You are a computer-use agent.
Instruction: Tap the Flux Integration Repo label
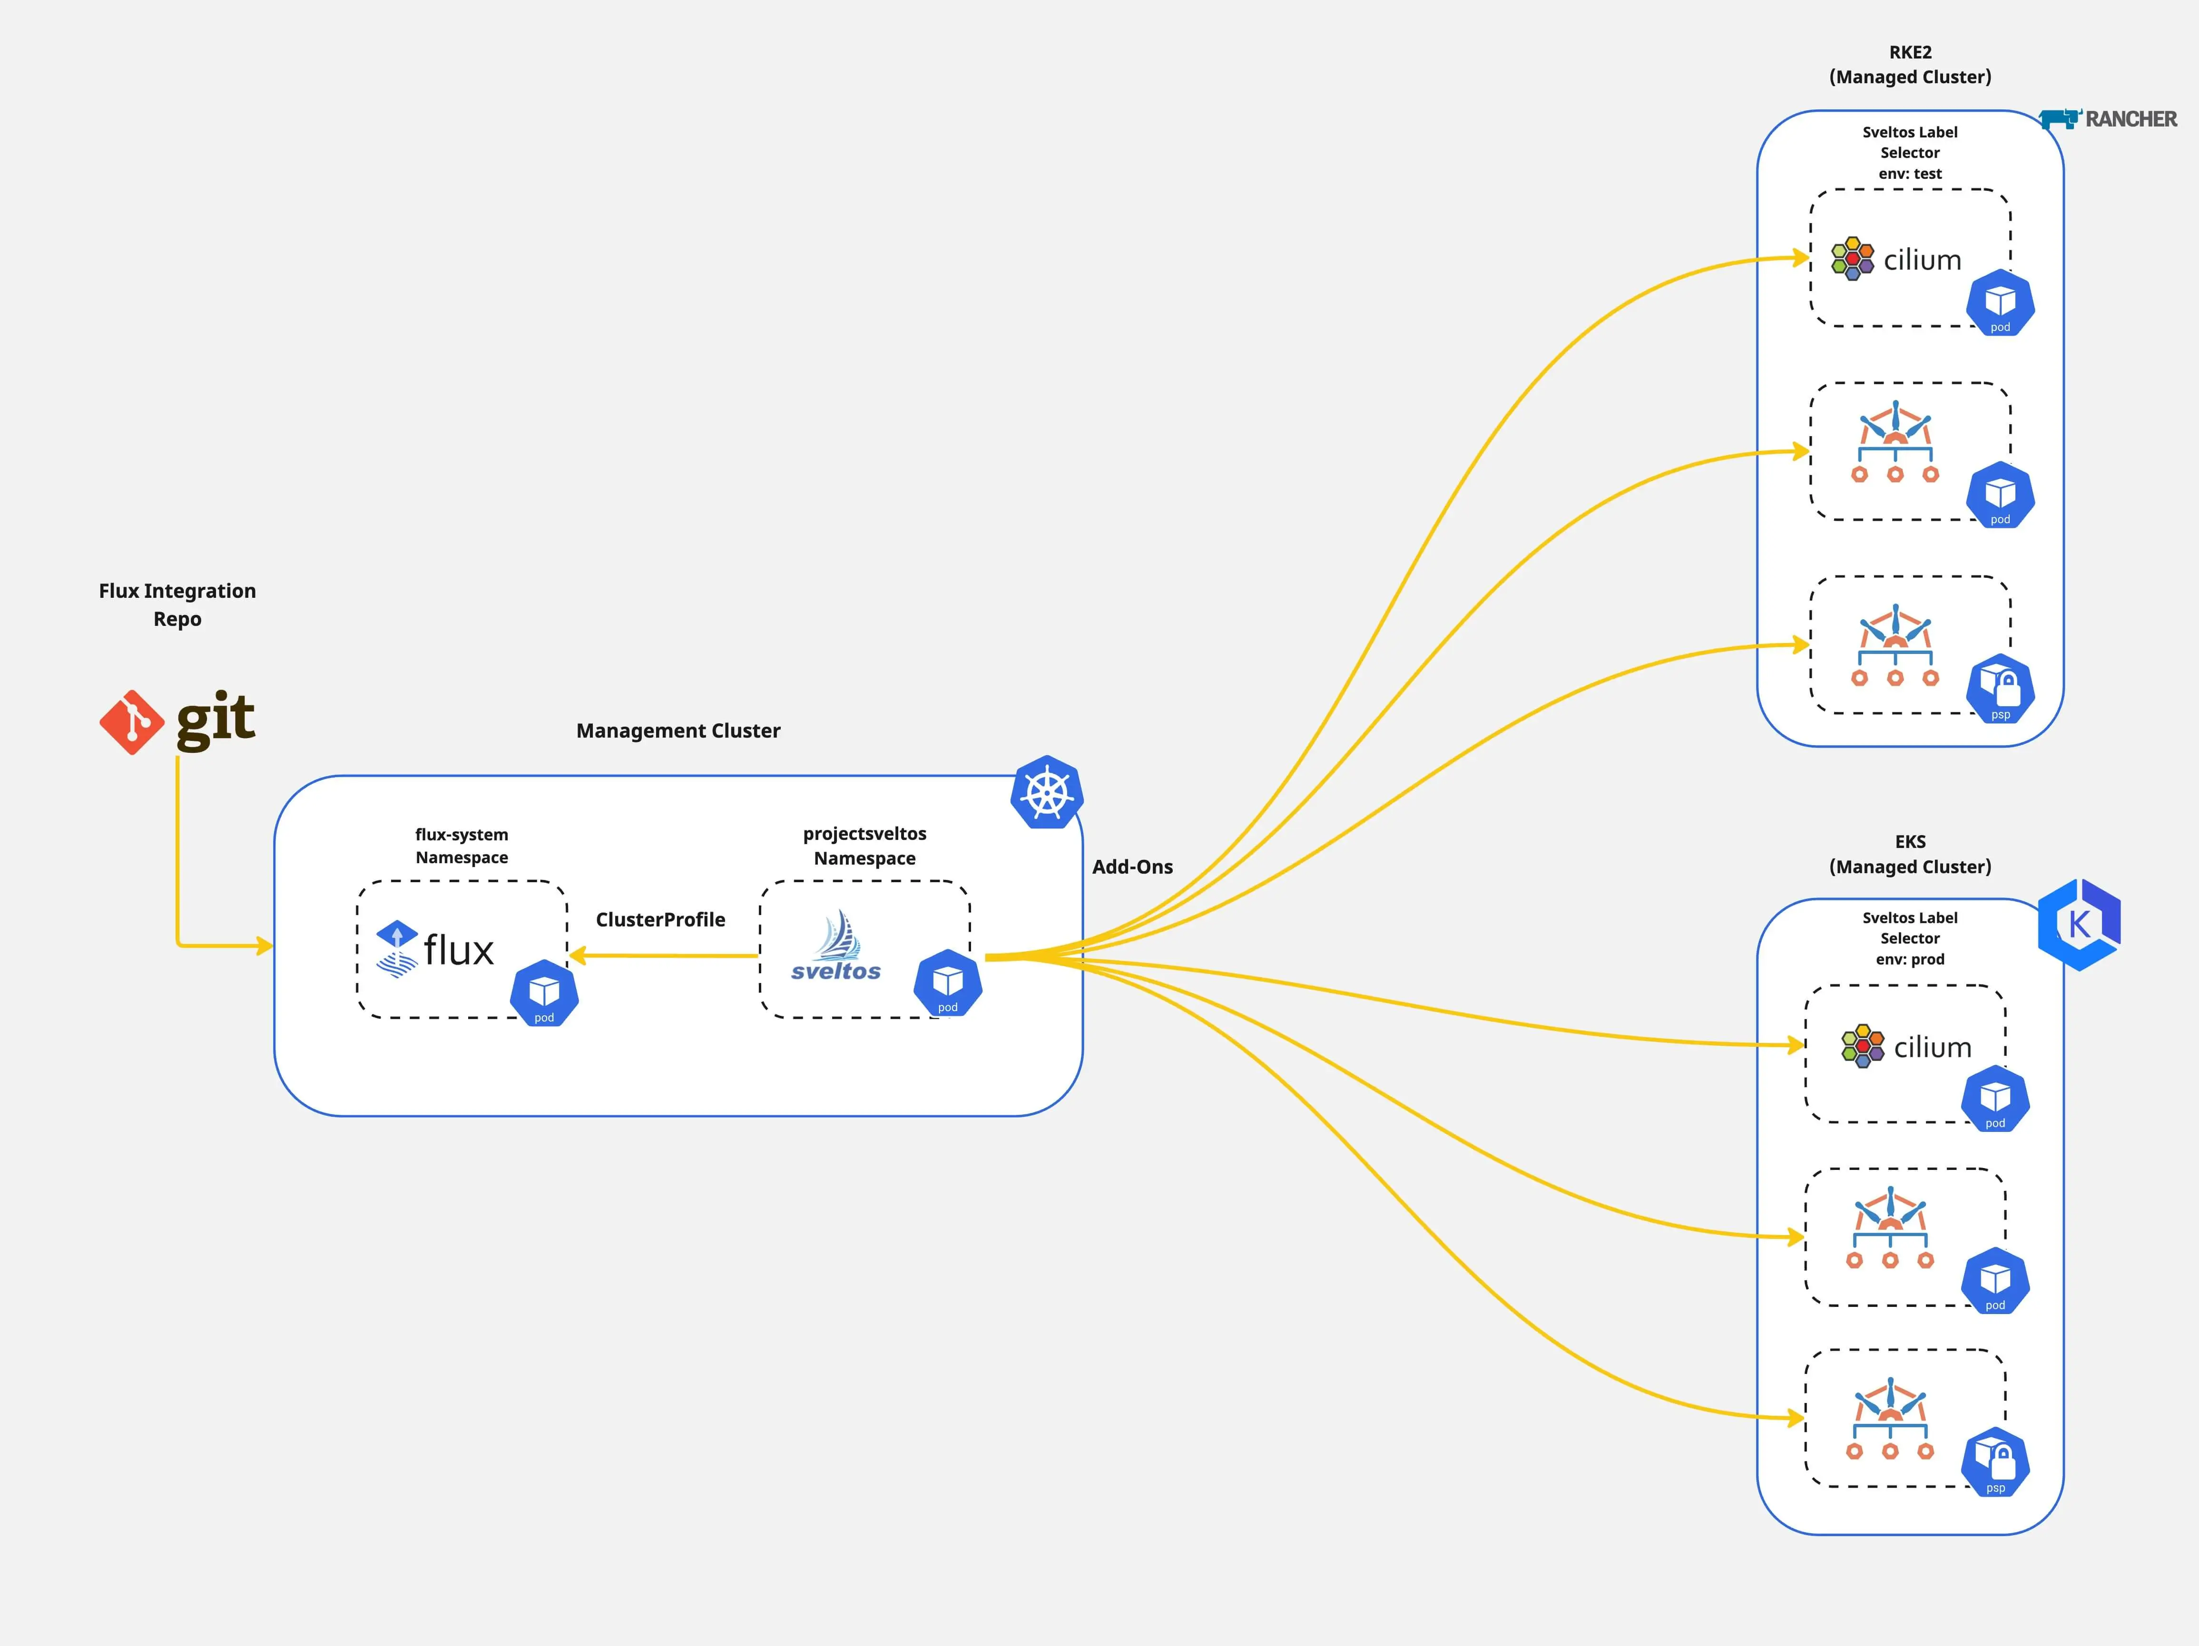pyautogui.click(x=177, y=604)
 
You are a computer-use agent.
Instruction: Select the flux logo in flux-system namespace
pyautogui.click(x=434, y=949)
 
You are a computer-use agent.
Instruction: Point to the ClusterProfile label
pyautogui.click(x=660, y=919)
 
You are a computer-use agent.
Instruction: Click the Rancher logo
pyautogui.click(x=2108, y=119)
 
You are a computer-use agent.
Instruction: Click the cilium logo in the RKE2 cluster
pyautogui.click(x=1896, y=259)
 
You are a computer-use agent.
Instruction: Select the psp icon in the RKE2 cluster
pyautogui.click(x=2000, y=688)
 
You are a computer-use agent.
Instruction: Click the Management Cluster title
pyautogui.click(x=678, y=730)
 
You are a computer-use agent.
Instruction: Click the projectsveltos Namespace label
pyautogui.click(x=864, y=846)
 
